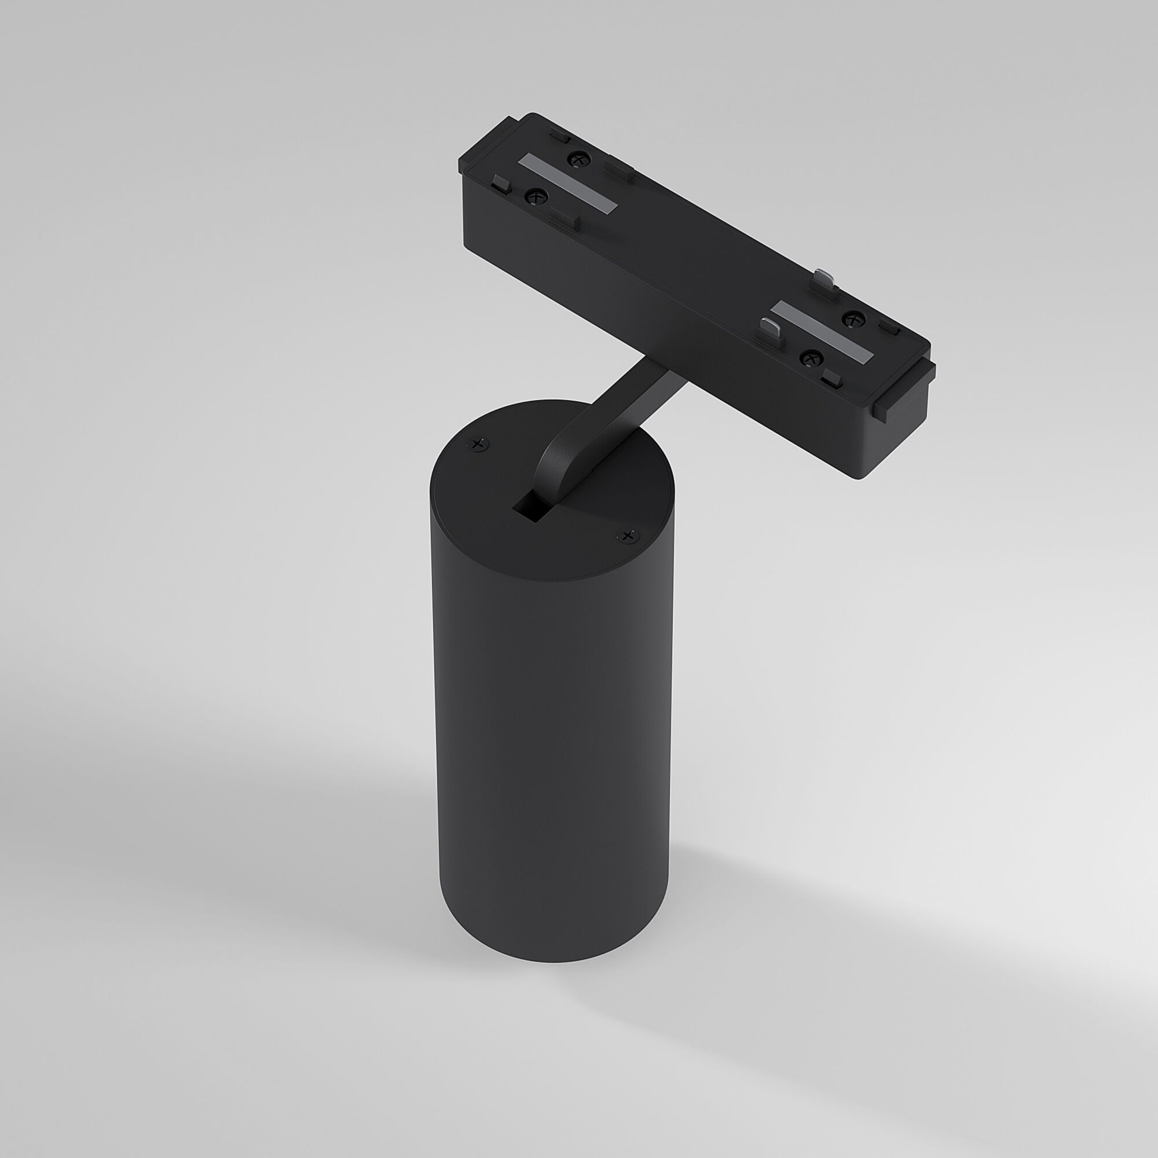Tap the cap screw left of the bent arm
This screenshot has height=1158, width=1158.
(478, 444)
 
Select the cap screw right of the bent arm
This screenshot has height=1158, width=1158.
(628, 534)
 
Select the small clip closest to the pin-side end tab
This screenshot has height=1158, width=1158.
(834, 376)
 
